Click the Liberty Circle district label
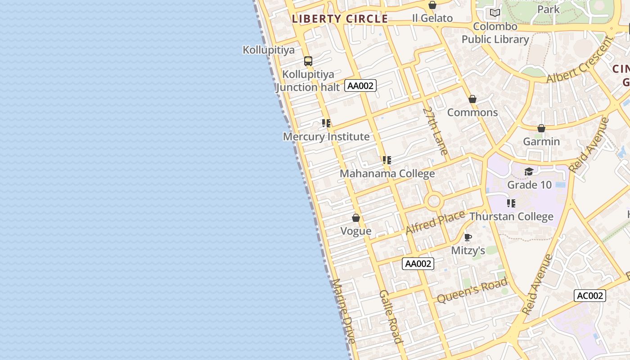pyautogui.click(x=340, y=19)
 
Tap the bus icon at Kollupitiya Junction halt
pyautogui.click(x=308, y=61)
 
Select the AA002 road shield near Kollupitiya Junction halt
pyautogui.click(x=360, y=85)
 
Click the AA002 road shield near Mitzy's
pyautogui.click(x=418, y=264)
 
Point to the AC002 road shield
pyautogui.click(x=589, y=296)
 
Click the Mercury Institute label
pyautogui.click(x=326, y=137)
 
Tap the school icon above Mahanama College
pyautogui.click(x=387, y=160)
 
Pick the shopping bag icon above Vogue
pyautogui.click(x=356, y=218)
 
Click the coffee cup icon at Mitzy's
pyautogui.click(x=468, y=237)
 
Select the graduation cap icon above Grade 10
pyautogui.click(x=529, y=171)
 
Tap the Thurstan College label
pyautogui.click(x=512, y=217)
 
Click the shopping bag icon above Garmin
pyautogui.click(x=541, y=128)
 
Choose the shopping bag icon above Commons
pyautogui.click(x=472, y=99)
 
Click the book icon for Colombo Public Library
pyautogui.click(x=495, y=13)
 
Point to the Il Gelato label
pyautogui.click(x=432, y=18)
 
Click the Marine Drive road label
pyautogui.click(x=344, y=311)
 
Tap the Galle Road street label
pyautogui.click(x=391, y=316)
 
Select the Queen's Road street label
pyautogui.click(x=472, y=290)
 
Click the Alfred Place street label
pyautogui.click(x=435, y=222)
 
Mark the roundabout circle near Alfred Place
pyautogui.click(x=434, y=201)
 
